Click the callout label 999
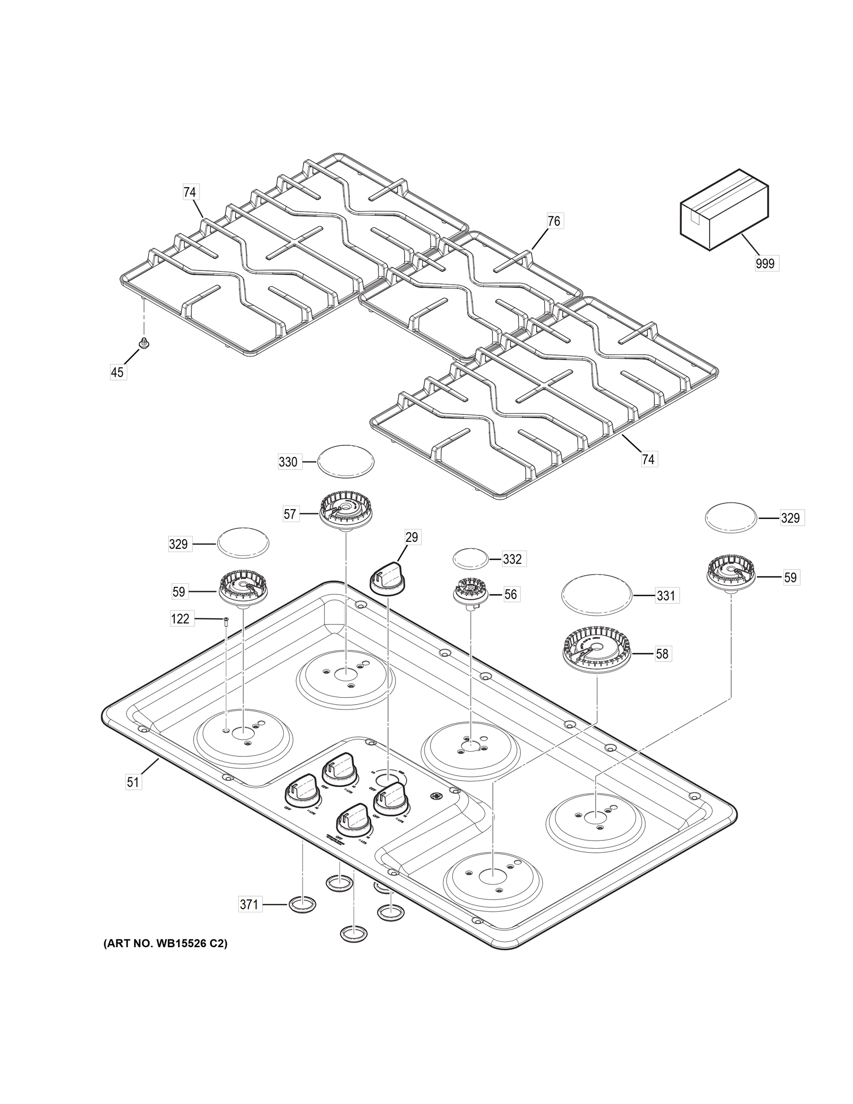pos(766,264)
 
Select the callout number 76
pos(554,221)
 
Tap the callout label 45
pos(117,373)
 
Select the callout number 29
pos(412,537)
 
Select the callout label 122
pos(180,619)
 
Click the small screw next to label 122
pos(226,622)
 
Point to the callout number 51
pos(132,782)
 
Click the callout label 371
pos(249,904)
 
